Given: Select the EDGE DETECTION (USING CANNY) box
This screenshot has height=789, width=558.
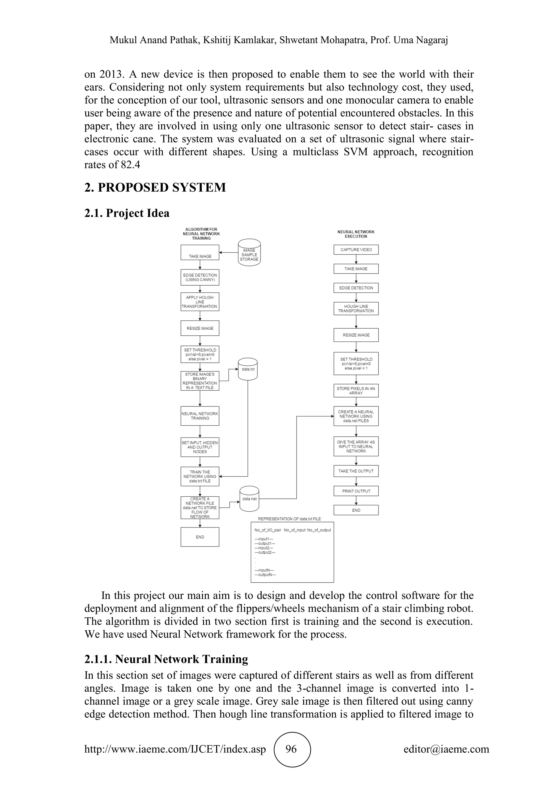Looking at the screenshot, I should (200, 277).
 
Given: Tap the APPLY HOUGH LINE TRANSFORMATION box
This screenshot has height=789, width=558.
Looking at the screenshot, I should (200, 302).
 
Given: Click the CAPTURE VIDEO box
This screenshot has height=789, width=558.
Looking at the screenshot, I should (356, 250).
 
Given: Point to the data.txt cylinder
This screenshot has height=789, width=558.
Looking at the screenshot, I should (248, 369).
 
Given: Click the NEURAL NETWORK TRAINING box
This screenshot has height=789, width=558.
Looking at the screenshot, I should (200, 416).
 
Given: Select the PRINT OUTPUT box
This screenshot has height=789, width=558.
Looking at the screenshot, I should (356, 491).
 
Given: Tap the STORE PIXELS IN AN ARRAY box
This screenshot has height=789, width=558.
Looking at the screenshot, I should (356, 391).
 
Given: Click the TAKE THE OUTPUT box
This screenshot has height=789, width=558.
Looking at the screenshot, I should (356, 471).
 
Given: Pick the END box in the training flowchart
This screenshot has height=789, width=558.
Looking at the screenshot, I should (200, 537).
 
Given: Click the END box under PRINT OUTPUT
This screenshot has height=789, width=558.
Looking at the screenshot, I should (356, 510).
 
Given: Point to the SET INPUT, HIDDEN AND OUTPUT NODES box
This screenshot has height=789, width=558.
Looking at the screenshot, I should (200, 447).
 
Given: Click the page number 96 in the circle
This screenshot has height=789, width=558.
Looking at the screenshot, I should (291, 749).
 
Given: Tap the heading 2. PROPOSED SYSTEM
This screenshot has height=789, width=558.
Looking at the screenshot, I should (155, 188).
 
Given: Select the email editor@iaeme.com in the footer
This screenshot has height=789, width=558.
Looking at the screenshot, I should (446, 749).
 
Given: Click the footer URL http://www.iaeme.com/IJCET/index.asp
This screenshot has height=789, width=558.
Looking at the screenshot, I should (175, 749).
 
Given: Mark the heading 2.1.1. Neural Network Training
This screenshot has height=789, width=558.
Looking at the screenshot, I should (166, 659).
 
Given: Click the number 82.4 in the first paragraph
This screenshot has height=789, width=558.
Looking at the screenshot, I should (131, 165).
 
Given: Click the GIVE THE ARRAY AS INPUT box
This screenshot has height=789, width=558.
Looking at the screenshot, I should (356, 446).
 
